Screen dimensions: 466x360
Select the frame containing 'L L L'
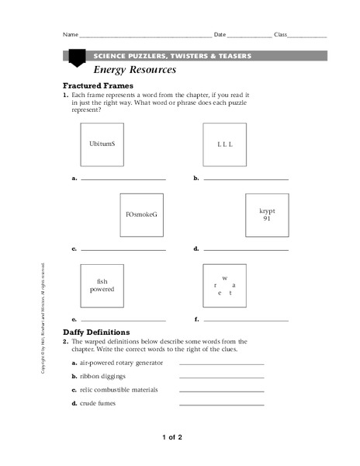point(225,144)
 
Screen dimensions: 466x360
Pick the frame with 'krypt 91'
point(266,214)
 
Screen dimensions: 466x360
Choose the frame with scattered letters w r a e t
point(224,285)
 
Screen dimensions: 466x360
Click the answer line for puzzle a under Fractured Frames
point(123,179)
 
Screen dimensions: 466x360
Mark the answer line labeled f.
point(245,319)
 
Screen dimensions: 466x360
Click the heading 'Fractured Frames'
point(98,85)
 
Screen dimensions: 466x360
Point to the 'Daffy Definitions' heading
point(96,332)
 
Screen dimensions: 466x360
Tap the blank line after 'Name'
point(145,37)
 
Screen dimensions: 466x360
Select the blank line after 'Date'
point(249,37)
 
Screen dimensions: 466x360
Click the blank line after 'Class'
point(307,37)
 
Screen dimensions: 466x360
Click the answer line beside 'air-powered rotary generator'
point(221,363)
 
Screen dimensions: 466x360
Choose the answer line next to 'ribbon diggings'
point(221,377)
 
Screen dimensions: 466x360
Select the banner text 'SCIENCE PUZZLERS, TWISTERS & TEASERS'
point(171,56)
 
